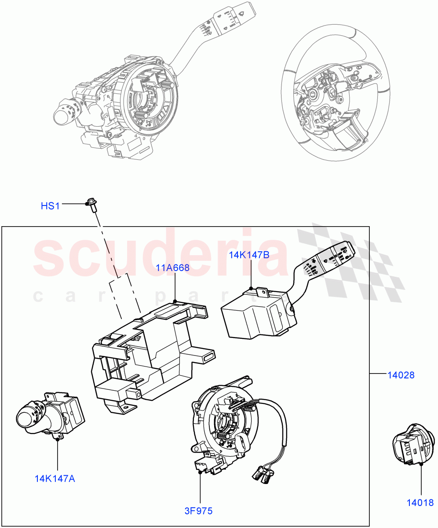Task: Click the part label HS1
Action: pyautogui.click(x=50, y=205)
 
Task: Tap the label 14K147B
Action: pyautogui.click(x=249, y=255)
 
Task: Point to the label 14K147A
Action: pyautogui.click(x=55, y=478)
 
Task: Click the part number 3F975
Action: pyautogui.click(x=198, y=511)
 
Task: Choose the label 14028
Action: pyautogui.click(x=401, y=375)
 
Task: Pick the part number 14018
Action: pyautogui.click(x=420, y=502)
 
